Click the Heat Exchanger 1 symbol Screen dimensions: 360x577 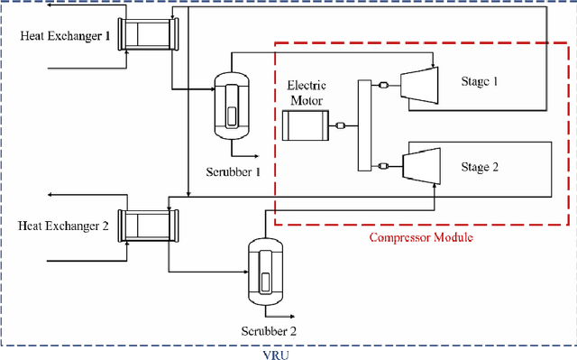(x=151, y=34)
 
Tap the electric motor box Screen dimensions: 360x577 (x=307, y=125)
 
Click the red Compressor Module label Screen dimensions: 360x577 (x=422, y=238)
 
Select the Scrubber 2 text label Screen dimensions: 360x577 (x=268, y=330)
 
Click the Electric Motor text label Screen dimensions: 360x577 (x=306, y=94)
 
